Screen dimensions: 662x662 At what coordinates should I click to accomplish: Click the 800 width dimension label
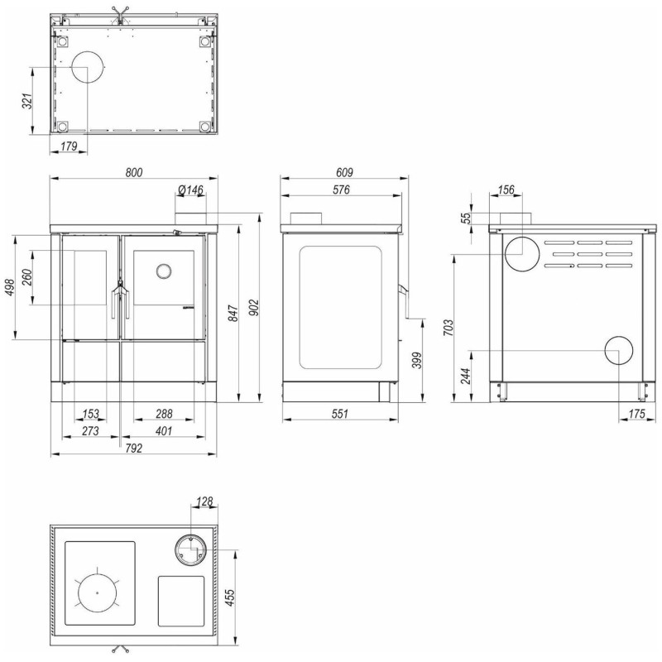[134, 172]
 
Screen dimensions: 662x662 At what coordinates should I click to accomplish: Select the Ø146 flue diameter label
[191, 190]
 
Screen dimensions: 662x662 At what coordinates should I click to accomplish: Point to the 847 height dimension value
[233, 313]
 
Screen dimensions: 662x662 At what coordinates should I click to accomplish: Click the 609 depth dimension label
[344, 172]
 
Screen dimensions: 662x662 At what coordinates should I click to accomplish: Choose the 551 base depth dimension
[340, 413]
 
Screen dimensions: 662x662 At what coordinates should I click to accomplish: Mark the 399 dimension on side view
[417, 360]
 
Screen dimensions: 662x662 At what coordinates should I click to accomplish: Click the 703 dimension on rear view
[449, 328]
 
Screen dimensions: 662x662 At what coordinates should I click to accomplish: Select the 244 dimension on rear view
[465, 376]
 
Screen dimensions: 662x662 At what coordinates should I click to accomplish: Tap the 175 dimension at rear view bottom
[636, 413]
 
